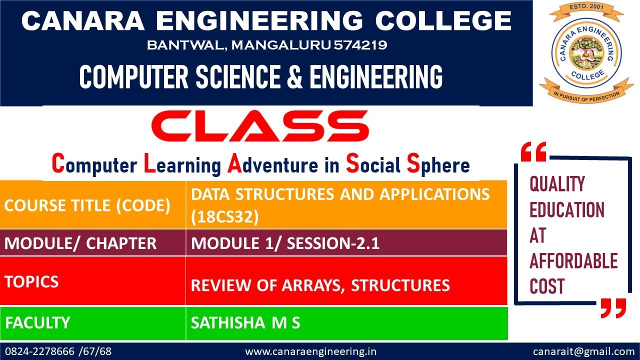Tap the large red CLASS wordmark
click(260, 125)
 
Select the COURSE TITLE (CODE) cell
click(87, 205)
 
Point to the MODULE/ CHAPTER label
click(80, 243)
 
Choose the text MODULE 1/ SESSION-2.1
click(285, 243)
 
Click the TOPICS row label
click(31, 281)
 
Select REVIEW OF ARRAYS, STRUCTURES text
click(320, 285)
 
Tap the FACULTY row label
click(37, 322)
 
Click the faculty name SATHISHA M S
click(245, 323)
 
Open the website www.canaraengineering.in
click(310, 351)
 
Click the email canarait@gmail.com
click(583, 351)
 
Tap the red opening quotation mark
click(533, 151)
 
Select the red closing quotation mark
click(613, 308)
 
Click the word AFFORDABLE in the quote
click(573, 261)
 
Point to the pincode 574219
click(360, 45)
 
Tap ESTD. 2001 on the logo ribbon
click(585, 7)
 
